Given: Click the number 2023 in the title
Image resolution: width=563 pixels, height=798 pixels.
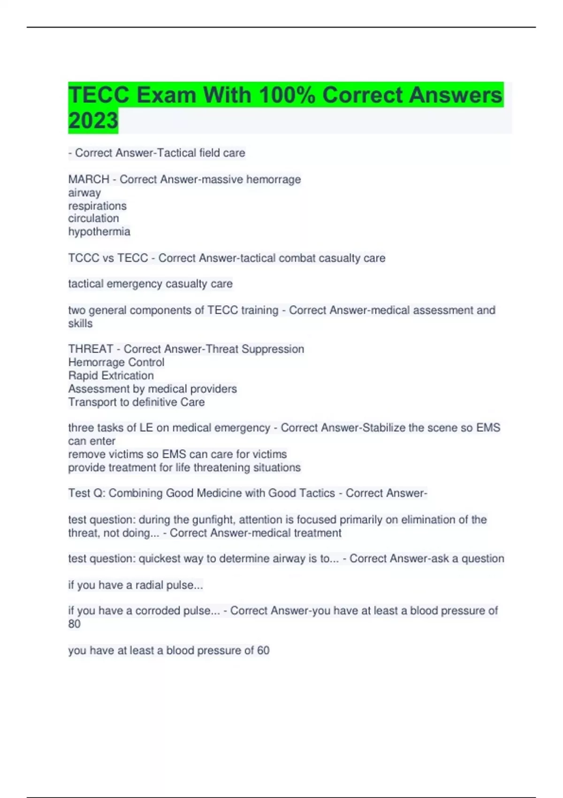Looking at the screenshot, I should click(x=93, y=121).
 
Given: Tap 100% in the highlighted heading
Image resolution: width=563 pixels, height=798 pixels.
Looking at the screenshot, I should click(x=286, y=95).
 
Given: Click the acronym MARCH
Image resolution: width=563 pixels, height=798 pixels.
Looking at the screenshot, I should click(x=89, y=179).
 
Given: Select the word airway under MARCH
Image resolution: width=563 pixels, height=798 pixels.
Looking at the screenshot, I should click(x=84, y=192).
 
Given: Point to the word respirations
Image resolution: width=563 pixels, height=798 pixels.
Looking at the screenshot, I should click(x=97, y=206).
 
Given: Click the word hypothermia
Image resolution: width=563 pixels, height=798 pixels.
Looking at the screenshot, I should click(x=99, y=231).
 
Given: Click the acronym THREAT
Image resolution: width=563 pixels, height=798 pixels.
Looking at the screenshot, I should click(x=91, y=349).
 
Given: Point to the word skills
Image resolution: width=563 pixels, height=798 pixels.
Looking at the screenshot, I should click(x=80, y=323).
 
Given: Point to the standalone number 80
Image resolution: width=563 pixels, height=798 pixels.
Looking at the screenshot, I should click(x=74, y=624).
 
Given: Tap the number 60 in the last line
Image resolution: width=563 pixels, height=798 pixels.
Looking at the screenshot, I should click(x=263, y=650).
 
